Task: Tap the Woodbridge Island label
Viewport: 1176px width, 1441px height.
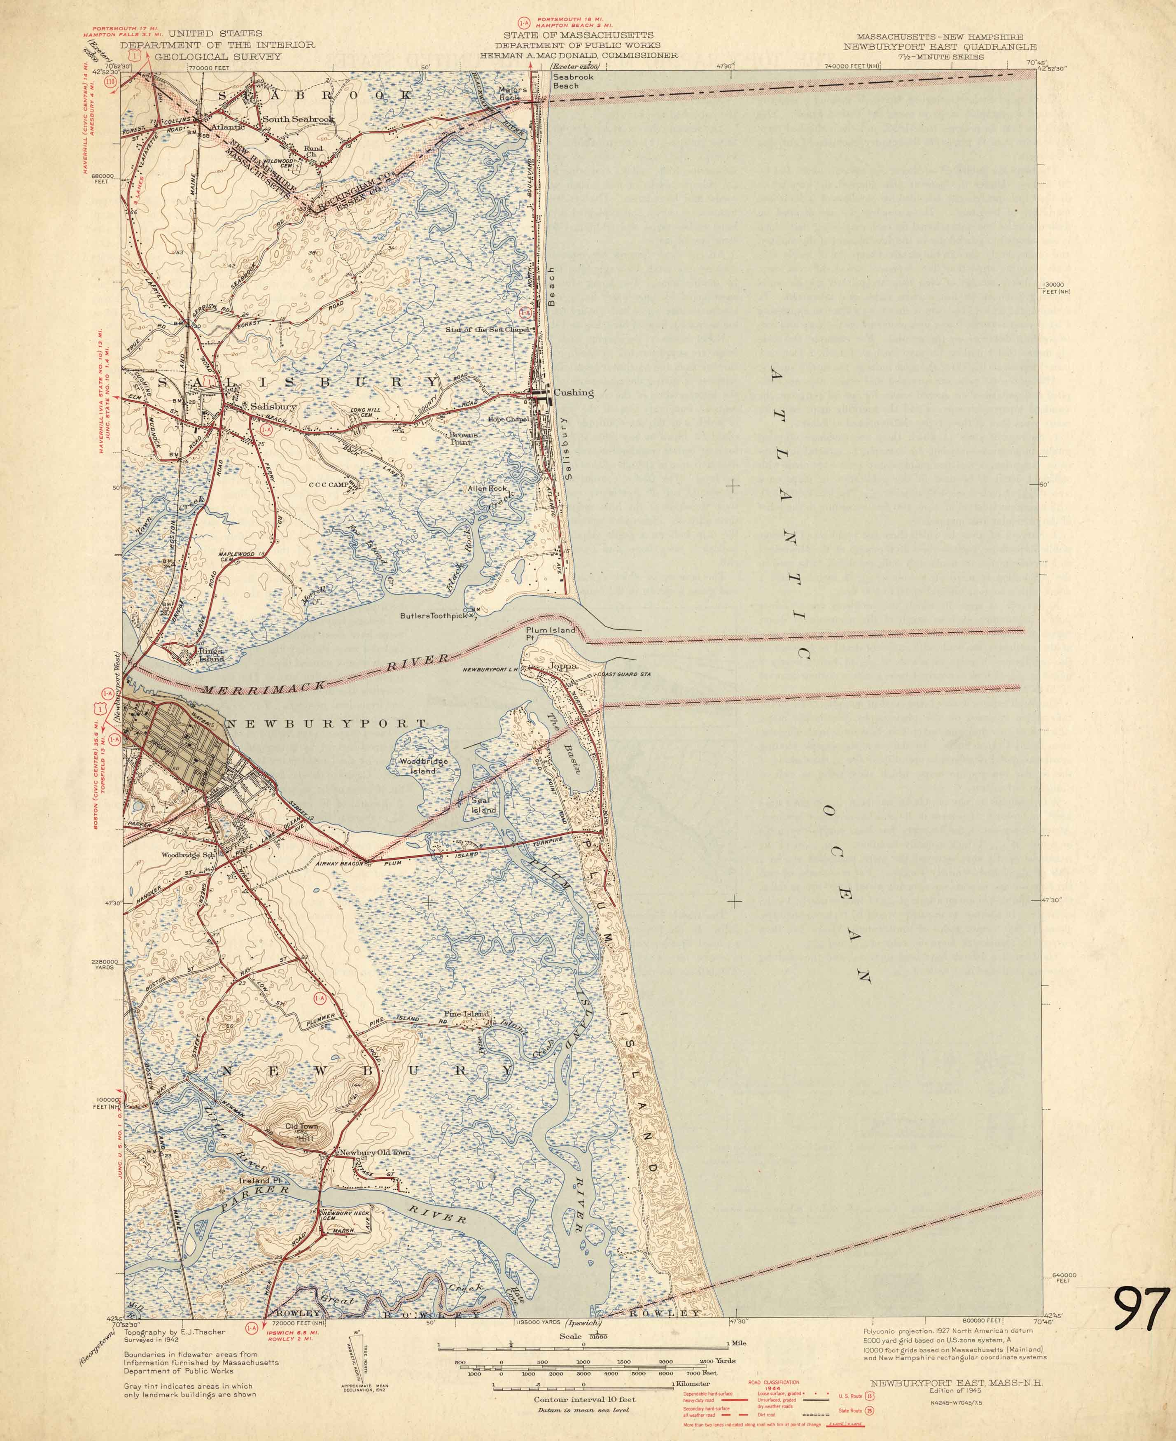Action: coord(423,766)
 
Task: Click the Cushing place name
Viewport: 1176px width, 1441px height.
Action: coord(573,392)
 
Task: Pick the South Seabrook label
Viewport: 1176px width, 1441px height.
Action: coord(298,119)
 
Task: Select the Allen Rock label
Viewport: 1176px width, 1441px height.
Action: coord(487,488)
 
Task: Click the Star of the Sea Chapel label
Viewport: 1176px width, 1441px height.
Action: coord(486,330)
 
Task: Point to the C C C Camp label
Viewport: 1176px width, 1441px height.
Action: coord(328,485)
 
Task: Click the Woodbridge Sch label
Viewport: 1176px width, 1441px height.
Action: coord(188,855)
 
